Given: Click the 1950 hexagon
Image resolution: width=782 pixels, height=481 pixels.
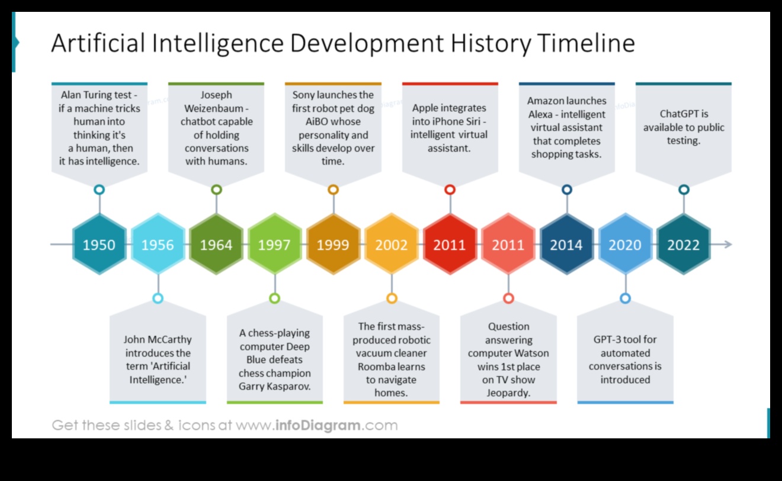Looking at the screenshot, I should (x=99, y=245).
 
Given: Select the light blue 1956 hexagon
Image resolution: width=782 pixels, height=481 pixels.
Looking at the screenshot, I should (x=158, y=245).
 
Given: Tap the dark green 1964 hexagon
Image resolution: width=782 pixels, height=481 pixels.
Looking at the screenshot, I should (x=216, y=245).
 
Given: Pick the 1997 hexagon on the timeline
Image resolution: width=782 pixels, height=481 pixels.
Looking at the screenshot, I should (x=274, y=245).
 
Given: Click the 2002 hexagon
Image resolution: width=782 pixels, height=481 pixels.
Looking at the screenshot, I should (x=391, y=245).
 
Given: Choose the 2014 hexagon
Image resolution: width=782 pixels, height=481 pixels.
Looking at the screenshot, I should (x=566, y=245).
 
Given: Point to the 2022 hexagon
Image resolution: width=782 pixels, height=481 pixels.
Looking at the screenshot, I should (x=683, y=245).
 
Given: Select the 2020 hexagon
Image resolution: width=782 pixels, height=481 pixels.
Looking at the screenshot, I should (x=625, y=245).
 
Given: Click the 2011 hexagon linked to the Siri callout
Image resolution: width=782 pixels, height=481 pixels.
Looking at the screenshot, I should (x=450, y=245).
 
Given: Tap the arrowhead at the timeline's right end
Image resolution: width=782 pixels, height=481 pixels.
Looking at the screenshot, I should (x=728, y=244).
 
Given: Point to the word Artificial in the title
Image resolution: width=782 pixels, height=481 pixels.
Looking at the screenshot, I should (x=98, y=44).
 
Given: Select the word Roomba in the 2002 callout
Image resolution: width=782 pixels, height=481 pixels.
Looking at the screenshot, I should (x=376, y=366).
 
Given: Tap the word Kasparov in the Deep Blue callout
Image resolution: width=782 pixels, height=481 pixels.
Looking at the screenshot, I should (x=289, y=386).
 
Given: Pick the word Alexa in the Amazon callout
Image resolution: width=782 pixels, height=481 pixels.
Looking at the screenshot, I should (x=541, y=114).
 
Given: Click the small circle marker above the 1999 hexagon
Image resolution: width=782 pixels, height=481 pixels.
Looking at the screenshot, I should (x=333, y=190).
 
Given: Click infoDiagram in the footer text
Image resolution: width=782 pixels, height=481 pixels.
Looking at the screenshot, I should (x=319, y=425).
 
